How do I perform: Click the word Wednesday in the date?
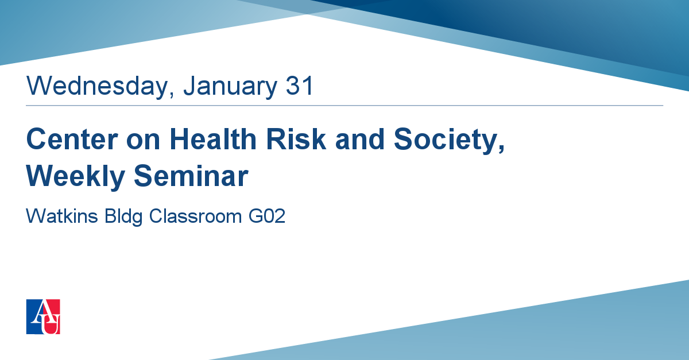point(97,86)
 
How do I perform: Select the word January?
point(230,87)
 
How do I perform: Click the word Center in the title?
point(72,139)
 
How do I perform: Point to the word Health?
point(213,139)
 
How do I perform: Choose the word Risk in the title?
point(296,139)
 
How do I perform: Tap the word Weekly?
point(76,177)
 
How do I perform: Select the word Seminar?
point(191,176)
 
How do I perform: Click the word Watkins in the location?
point(62,216)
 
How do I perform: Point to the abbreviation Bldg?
point(123,217)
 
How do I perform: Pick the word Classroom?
point(196,216)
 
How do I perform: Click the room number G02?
point(267,216)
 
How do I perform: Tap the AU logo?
point(43,316)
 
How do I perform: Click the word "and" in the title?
point(359,139)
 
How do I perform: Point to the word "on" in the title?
point(144,142)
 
